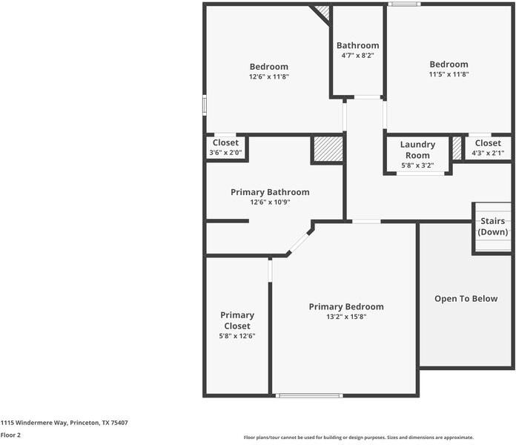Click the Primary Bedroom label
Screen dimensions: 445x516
coord(346,306)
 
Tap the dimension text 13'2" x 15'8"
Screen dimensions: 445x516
coord(346,317)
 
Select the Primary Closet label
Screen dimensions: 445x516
coord(237,320)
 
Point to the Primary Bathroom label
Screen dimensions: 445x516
coord(270,192)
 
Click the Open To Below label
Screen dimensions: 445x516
coord(466,299)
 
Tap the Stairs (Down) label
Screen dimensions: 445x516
coord(493,226)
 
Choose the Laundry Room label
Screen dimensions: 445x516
coord(417,150)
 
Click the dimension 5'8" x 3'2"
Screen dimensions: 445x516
coord(417,165)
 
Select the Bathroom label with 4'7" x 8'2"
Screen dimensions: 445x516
coord(357,45)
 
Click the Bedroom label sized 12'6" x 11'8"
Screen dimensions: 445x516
coord(268,67)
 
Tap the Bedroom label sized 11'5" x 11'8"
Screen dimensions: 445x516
coord(449,65)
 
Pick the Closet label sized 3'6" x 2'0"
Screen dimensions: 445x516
coord(225,142)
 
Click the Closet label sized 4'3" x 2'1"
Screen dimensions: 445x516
coord(488,143)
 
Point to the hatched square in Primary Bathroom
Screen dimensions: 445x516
coord(328,148)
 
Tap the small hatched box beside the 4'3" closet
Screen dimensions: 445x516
coord(457,147)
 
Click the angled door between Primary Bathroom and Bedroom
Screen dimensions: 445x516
coord(300,241)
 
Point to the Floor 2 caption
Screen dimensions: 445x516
coord(10,435)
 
